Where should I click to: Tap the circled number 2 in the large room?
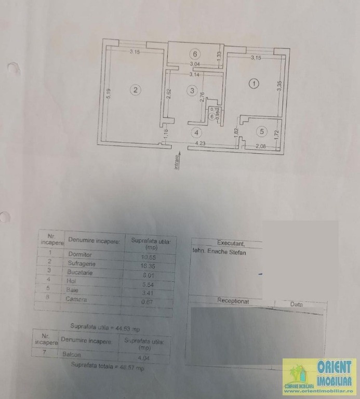(135, 90)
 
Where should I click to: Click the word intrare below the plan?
(177, 162)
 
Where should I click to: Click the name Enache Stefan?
(226, 252)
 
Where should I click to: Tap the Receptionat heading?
(233, 301)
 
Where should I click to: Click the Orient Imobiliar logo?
(319, 375)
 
